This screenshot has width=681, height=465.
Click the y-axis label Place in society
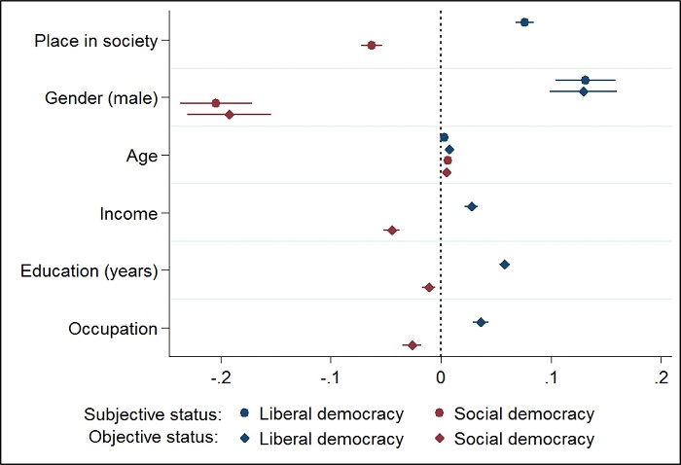click(95, 40)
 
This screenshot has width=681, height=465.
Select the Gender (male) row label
click(101, 97)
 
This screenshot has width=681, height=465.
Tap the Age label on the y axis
click(141, 155)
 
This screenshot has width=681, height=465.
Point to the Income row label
click(128, 213)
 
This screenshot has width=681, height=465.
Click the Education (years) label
click(89, 270)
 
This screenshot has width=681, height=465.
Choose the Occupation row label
click(113, 328)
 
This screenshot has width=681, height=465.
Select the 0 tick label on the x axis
click(441, 377)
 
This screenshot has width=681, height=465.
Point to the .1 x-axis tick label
click(551, 377)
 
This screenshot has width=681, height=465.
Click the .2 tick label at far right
click(661, 377)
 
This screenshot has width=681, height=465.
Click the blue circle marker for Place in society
click(524, 21)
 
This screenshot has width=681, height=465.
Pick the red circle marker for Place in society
click(371, 45)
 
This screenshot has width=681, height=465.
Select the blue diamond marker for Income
click(472, 206)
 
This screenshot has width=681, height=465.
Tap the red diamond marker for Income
click(392, 230)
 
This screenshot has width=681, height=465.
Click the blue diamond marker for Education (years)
click(504, 265)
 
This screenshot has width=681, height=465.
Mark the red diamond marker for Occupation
click(412, 345)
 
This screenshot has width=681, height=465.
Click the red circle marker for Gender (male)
click(216, 102)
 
